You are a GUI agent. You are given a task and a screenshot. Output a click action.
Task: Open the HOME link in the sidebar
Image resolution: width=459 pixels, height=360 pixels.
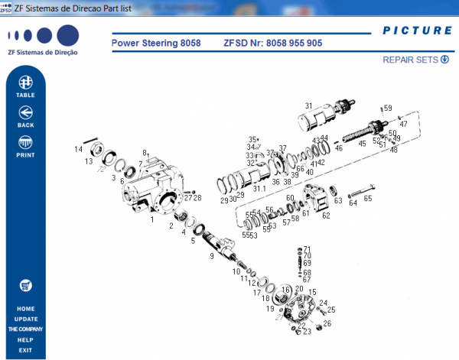(x=25, y=309)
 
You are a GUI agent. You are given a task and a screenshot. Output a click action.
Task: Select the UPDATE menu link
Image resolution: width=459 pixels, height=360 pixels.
(x=25, y=319)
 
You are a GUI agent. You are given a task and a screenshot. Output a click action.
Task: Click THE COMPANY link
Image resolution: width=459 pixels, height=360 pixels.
(x=25, y=329)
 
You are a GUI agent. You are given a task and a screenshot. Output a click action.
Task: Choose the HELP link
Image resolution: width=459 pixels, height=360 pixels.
(x=25, y=339)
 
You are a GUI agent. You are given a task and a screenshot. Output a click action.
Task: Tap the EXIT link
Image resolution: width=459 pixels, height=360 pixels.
(x=25, y=350)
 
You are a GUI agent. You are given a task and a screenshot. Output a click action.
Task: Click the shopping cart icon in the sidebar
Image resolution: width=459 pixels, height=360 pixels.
(x=25, y=285)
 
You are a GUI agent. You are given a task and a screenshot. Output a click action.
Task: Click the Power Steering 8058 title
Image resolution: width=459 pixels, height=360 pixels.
(x=156, y=44)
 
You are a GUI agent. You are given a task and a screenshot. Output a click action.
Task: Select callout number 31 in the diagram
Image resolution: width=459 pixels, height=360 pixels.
(x=308, y=105)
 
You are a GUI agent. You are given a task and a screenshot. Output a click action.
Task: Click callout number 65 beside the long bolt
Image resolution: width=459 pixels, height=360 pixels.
(x=367, y=199)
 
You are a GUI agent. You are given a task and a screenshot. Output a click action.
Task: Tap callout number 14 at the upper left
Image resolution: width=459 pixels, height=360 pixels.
(x=78, y=149)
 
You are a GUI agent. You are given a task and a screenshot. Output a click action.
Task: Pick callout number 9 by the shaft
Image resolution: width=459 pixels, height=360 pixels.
(x=212, y=256)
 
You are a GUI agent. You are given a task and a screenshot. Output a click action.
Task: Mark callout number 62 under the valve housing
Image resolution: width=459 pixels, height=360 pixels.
(x=326, y=216)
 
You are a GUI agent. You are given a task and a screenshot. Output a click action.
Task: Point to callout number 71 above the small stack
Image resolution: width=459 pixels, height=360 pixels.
(x=308, y=249)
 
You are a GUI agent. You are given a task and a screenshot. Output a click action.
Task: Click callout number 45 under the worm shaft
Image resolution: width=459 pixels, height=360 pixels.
(x=362, y=144)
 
